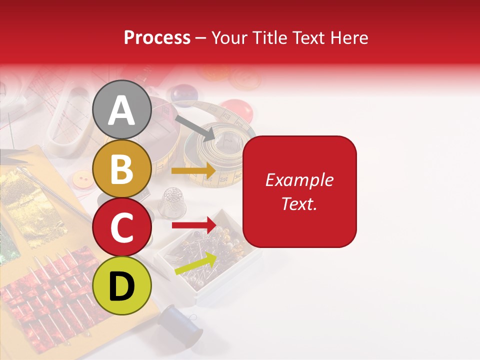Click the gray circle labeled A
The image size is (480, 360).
[121, 110]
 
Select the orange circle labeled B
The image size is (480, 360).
[121, 169]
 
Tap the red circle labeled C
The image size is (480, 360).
[121, 227]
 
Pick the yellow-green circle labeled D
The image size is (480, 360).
[121, 285]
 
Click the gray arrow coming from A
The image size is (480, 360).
[195, 127]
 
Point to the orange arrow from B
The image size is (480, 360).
[193, 170]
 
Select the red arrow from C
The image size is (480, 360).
[193, 225]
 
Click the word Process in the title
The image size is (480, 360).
[157, 37]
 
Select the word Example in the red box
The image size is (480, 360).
[299, 180]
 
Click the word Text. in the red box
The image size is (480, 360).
[299, 203]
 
